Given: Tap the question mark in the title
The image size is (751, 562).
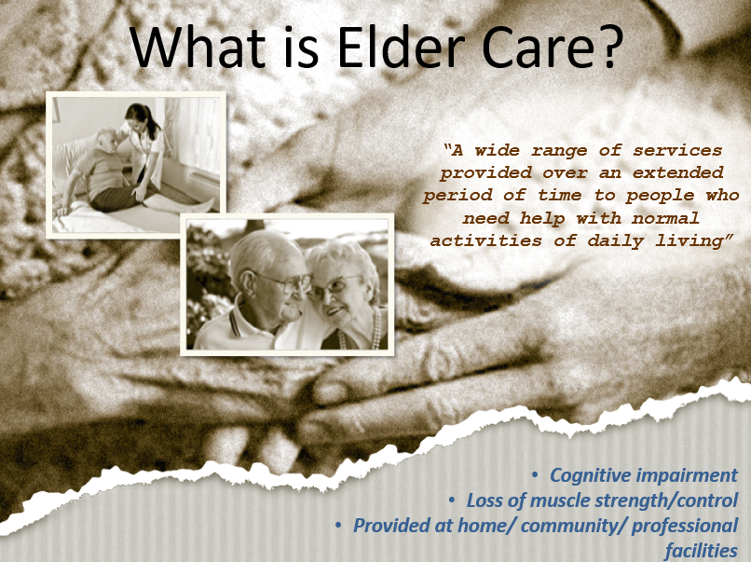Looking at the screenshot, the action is click(x=608, y=47).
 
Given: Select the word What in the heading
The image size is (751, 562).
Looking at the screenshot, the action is click(x=198, y=46).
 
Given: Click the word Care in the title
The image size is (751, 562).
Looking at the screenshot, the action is click(x=534, y=47).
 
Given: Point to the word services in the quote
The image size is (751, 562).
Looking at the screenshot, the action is click(x=677, y=150).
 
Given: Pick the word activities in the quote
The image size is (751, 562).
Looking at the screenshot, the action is click(x=485, y=240).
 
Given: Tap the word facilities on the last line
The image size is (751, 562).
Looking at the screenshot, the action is click(x=701, y=551).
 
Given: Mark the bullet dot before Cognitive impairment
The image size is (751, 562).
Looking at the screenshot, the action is click(x=535, y=475).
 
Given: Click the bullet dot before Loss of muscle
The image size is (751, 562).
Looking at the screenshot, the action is click(x=452, y=500).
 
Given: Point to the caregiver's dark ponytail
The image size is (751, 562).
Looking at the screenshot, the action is click(x=153, y=124).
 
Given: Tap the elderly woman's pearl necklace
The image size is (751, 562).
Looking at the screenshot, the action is click(x=376, y=332).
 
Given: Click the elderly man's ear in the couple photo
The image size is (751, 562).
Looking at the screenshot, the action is click(x=249, y=283).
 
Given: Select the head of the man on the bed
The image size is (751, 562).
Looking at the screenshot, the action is click(x=106, y=141).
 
